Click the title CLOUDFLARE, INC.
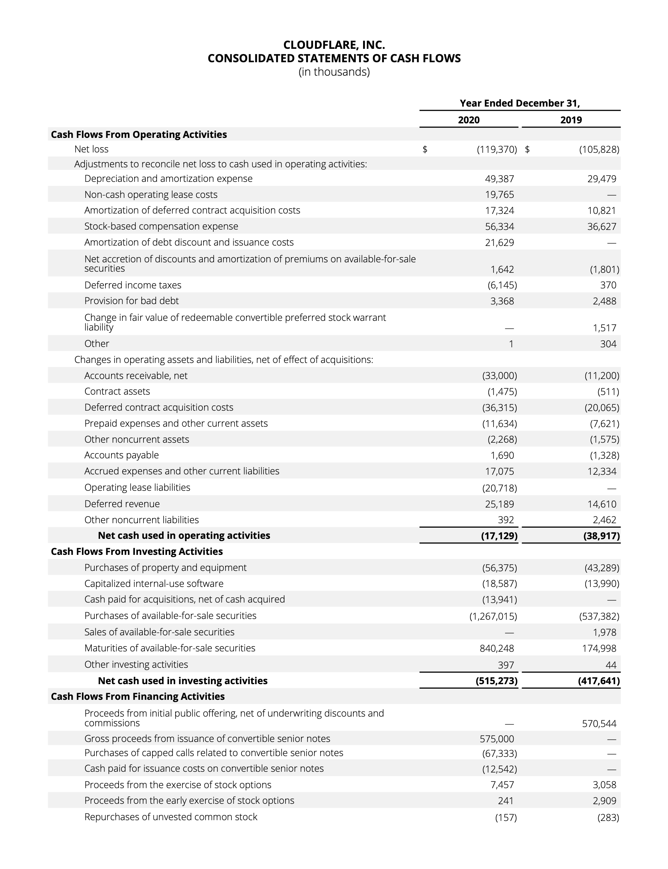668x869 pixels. click(334, 44)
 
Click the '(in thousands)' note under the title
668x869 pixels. click(334, 72)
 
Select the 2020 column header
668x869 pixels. click(469, 120)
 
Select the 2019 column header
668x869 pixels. click(571, 120)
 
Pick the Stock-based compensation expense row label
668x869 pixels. click(161, 226)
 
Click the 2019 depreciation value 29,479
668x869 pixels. click(602, 179)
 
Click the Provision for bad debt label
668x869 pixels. click(131, 301)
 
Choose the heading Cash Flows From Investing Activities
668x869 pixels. click(137, 552)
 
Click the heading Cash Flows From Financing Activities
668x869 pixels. click(138, 696)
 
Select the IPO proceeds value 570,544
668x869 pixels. click(599, 724)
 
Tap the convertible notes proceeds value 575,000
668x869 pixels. click(497, 739)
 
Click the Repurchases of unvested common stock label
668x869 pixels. click(171, 817)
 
